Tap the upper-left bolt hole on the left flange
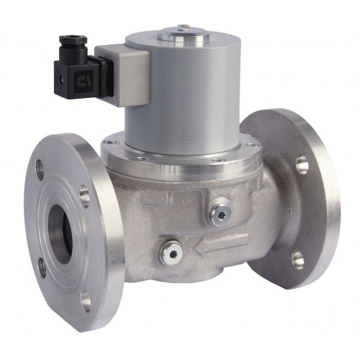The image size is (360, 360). click(x=39, y=170)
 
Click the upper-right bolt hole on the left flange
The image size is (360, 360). click(x=84, y=195)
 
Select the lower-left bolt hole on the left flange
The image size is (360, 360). click(x=42, y=267)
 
